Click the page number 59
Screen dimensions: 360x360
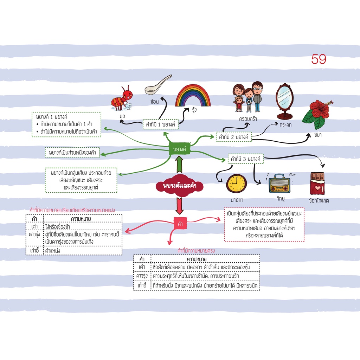pos(319,59)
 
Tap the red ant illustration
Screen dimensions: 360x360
pos(122,98)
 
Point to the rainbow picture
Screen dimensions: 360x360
pos(193,96)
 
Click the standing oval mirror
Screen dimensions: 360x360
pos(285,101)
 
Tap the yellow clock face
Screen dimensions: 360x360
pos(236,184)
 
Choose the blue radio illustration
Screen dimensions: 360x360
pos(279,184)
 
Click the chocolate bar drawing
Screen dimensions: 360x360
pos(317,184)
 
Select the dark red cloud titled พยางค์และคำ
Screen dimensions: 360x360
pos(179,186)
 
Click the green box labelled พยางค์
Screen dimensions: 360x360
pos(179,149)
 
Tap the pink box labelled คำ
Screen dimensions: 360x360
pos(180,223)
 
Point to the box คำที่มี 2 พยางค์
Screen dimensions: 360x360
pos(233,137)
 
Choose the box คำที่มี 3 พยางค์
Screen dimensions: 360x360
pos(245,159)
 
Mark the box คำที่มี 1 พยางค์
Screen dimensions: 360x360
pos(160,124)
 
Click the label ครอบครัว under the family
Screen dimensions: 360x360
pos(248,119)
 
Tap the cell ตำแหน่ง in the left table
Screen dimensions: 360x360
pos(53,250)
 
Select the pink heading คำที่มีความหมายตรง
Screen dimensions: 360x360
pos(196,251)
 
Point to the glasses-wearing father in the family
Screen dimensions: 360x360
pos(257,96)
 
